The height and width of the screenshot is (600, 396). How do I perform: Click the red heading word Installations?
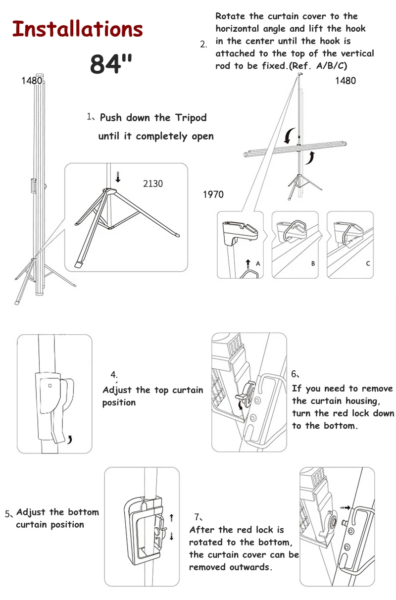coord(77,29)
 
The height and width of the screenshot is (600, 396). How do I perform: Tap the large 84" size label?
coord(111,63)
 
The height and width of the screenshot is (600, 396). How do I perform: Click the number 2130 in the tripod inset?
coord(153,184)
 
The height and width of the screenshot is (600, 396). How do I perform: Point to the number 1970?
coord(213,195)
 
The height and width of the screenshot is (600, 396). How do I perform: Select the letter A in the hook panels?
coord(258,263)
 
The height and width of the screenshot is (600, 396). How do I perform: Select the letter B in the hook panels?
coord(313,263)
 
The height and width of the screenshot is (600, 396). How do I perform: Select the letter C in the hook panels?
coord(368,263)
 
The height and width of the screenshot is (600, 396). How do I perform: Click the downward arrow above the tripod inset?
coord(118,177)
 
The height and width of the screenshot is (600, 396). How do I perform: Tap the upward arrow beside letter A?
coord(248,264)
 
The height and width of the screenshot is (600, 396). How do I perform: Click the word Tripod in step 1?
coord(191,118)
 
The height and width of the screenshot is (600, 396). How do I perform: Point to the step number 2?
coord(203,45)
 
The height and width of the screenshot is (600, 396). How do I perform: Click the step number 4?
coord(114,374)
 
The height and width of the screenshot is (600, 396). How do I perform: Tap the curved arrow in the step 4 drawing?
coord(70,440)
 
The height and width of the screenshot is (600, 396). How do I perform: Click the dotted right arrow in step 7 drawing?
coord(345,507)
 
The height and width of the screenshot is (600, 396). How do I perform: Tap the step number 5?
coord(8,514)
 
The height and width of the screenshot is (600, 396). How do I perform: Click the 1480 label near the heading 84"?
coord(32,81)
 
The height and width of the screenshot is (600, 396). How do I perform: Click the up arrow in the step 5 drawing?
coord(172,518)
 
